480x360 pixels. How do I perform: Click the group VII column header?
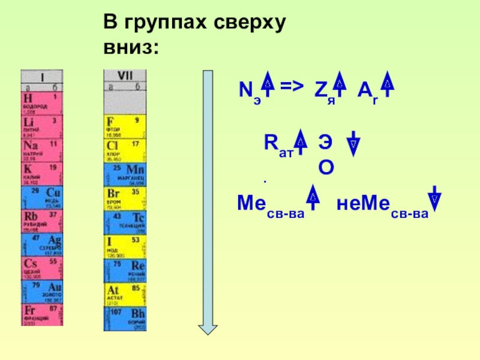125,76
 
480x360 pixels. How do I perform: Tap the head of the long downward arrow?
208,327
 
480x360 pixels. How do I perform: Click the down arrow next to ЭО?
354,144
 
